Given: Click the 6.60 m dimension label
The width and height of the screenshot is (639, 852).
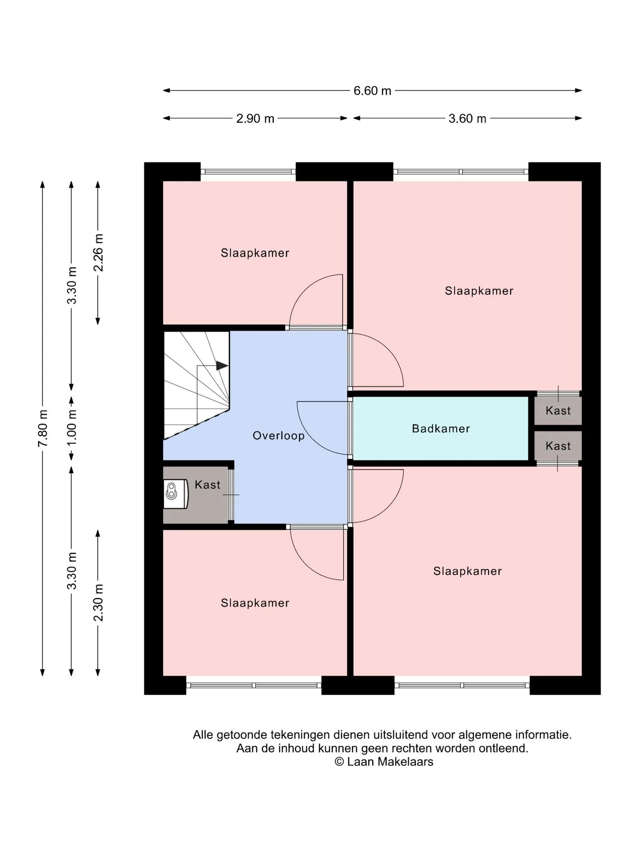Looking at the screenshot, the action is (x=372, y=91).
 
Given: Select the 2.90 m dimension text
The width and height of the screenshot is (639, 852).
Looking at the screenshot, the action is (x=255, y=118).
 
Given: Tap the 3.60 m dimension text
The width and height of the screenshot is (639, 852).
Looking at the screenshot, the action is (x=467, y=118).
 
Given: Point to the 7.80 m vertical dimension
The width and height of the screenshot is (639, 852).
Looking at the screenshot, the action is (x=43, y=429).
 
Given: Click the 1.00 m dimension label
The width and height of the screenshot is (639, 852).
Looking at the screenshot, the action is (x=72, y=428).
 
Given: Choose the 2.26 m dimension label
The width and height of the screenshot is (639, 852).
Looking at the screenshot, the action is (x=98, y=252).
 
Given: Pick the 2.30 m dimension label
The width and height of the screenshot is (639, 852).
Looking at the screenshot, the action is (x=98, y=603).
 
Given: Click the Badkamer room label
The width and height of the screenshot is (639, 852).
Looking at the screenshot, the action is (x=441, y=429).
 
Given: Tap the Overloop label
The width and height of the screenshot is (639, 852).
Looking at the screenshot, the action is (x=279, y=436).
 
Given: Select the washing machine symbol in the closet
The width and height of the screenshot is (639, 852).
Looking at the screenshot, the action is (x=176, y=493).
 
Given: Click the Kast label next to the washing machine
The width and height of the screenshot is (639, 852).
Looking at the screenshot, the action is (x=208, y=485).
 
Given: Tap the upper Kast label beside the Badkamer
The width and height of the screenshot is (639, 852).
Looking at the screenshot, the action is (x=558, y=410).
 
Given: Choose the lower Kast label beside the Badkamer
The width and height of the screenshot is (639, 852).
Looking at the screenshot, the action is (x=558, y=446).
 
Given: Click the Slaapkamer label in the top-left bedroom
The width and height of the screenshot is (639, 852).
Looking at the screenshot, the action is (x=255, y=253).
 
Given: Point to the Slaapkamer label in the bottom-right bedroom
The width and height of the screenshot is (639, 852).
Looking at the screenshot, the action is (x=468, y=571).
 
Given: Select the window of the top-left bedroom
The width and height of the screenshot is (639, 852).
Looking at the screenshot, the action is (x=248, y=172).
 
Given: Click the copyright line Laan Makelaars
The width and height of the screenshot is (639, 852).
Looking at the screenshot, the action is (x=384, y=761).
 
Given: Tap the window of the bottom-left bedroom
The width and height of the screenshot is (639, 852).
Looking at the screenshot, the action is (x=254, y=685).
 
